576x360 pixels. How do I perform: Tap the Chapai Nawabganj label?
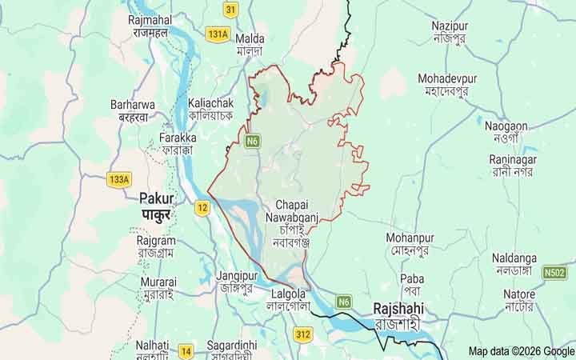point(290,210)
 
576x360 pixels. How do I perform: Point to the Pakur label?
point(157,198)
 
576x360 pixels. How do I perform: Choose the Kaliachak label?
point(210,103)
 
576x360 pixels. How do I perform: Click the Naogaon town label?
point(506,126)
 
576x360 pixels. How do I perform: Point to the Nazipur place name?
point(450,26)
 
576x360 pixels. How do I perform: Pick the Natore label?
point(519,294)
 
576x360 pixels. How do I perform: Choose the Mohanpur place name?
point(410,238)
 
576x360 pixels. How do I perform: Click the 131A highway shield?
point(217,34)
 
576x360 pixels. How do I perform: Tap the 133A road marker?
point(118,179)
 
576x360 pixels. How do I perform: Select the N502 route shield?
point(554,272)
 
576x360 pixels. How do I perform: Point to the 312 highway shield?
point(302,334)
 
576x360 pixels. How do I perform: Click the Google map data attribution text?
point(521,351)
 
